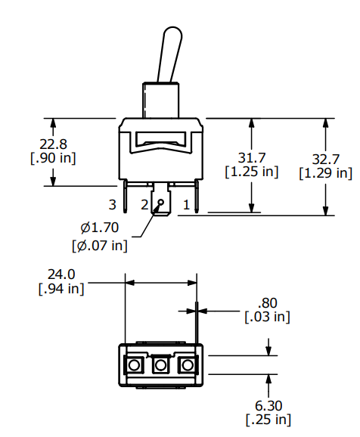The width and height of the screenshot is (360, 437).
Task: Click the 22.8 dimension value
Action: coord(53,144)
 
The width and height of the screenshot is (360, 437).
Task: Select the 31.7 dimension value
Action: coord(252,158)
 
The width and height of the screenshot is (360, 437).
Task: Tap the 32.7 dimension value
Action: coord(325,160)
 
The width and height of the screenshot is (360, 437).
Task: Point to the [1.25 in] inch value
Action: coord(252,172)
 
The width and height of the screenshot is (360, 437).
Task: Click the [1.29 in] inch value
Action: coord(325,173)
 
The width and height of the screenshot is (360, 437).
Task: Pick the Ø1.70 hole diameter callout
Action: coord(100,228)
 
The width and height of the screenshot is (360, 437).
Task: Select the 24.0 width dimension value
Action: coord(61,274)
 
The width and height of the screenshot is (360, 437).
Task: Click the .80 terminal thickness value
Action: coord(268,303)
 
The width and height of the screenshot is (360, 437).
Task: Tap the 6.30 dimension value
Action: coord(268,406)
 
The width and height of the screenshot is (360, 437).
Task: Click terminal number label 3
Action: coord(112,205)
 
